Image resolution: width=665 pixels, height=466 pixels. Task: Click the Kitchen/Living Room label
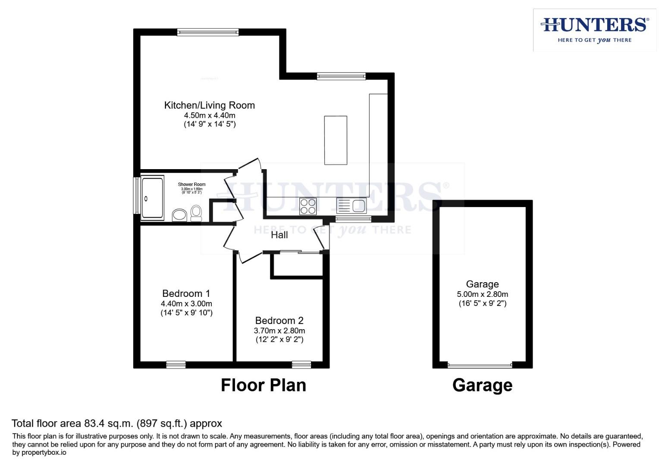[x=209, y=105]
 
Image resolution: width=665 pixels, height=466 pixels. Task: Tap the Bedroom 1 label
[x=186, y=294]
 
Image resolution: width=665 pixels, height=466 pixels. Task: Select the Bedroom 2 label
[x=279, y=321]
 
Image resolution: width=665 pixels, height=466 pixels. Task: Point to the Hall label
[x=279, y=235]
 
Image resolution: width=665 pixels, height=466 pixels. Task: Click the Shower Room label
[x=191, y=185]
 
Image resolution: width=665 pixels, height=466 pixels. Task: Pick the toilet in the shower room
[x=196, y=212]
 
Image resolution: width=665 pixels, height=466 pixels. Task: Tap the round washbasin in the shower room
[x=179, y=215]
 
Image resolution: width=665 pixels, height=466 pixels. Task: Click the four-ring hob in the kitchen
[x=308, y=206]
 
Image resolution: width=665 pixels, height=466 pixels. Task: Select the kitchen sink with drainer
[x=351, y=206]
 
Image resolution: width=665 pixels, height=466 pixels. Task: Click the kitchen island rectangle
[x=336, y=140]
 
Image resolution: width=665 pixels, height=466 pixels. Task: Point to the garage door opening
[x=480, y=365]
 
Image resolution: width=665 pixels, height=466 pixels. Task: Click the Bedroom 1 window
[x=176, y=365]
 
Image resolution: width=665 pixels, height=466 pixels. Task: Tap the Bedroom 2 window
[x=301, y=365]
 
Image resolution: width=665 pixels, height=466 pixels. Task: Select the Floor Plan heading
[x=263, y=385]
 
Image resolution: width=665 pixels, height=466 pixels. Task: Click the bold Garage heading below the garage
[x=482, y=385]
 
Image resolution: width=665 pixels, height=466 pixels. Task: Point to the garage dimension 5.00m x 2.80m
[x=482, y=294]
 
